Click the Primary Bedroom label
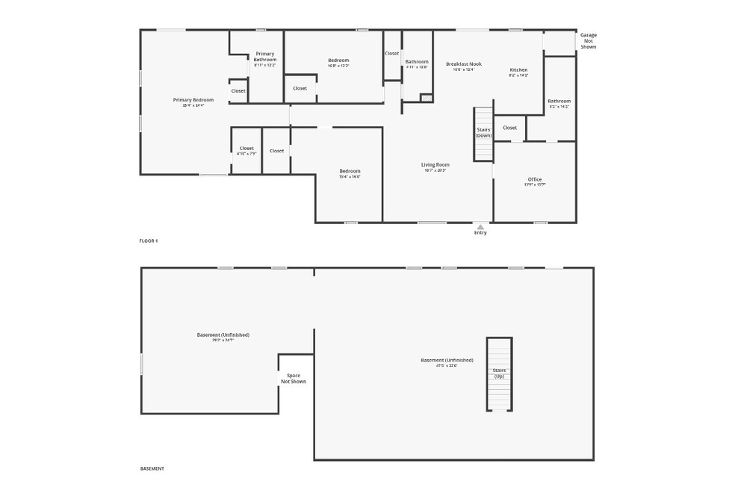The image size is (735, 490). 193,100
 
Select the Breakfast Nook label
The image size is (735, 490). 464,64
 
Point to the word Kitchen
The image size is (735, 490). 518,70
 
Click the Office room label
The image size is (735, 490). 535,179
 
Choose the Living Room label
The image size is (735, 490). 435,164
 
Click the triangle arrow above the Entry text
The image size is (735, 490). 480,226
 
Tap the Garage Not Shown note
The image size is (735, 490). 589,40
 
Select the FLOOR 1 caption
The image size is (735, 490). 149,241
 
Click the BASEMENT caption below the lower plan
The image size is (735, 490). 152,468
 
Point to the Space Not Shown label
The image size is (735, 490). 294,379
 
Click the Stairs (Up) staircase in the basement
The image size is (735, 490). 499,373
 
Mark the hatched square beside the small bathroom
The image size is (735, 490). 427,97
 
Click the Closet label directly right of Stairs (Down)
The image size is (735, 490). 509,128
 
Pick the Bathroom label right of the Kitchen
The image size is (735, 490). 559,101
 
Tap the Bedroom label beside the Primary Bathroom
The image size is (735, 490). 338,61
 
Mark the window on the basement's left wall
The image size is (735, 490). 141,364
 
